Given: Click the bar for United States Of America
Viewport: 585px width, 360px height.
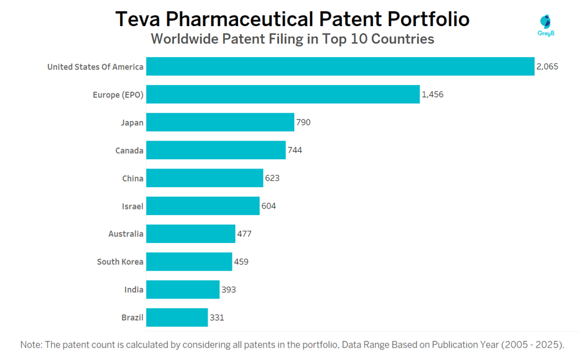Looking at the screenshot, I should click(x=340, y=67).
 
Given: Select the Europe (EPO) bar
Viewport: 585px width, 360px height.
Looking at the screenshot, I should click(x=283, y=95).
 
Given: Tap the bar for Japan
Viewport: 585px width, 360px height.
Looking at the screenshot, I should click(x=220, y=122).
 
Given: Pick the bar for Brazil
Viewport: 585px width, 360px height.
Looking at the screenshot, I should click(x=177, y=317).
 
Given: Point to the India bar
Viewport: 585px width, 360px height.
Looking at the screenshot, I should click(x=183, y=290).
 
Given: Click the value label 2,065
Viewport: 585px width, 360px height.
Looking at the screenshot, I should click(x=547, y=67).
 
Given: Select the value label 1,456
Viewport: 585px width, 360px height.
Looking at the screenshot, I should click(x=433, y=95).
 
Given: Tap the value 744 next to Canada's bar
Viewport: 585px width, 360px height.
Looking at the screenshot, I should click(x=295, y=150).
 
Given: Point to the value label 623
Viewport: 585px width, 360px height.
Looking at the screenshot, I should click(x=272, y=178).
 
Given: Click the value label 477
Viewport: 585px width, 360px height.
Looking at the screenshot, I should click(x=244, y=234).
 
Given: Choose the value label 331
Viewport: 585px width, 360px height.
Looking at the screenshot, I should click(x=216, y=317).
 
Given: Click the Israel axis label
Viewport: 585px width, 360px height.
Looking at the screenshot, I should click(x=132, y=206).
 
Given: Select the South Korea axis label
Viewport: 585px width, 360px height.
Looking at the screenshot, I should click(x=120, y=262).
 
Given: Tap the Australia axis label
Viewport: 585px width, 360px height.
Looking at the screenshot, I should click(x=126, y=234).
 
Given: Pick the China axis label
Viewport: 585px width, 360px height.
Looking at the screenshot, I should click(x=132, y=178).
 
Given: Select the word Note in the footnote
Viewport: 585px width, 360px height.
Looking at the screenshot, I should click(x=32, y=344).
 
